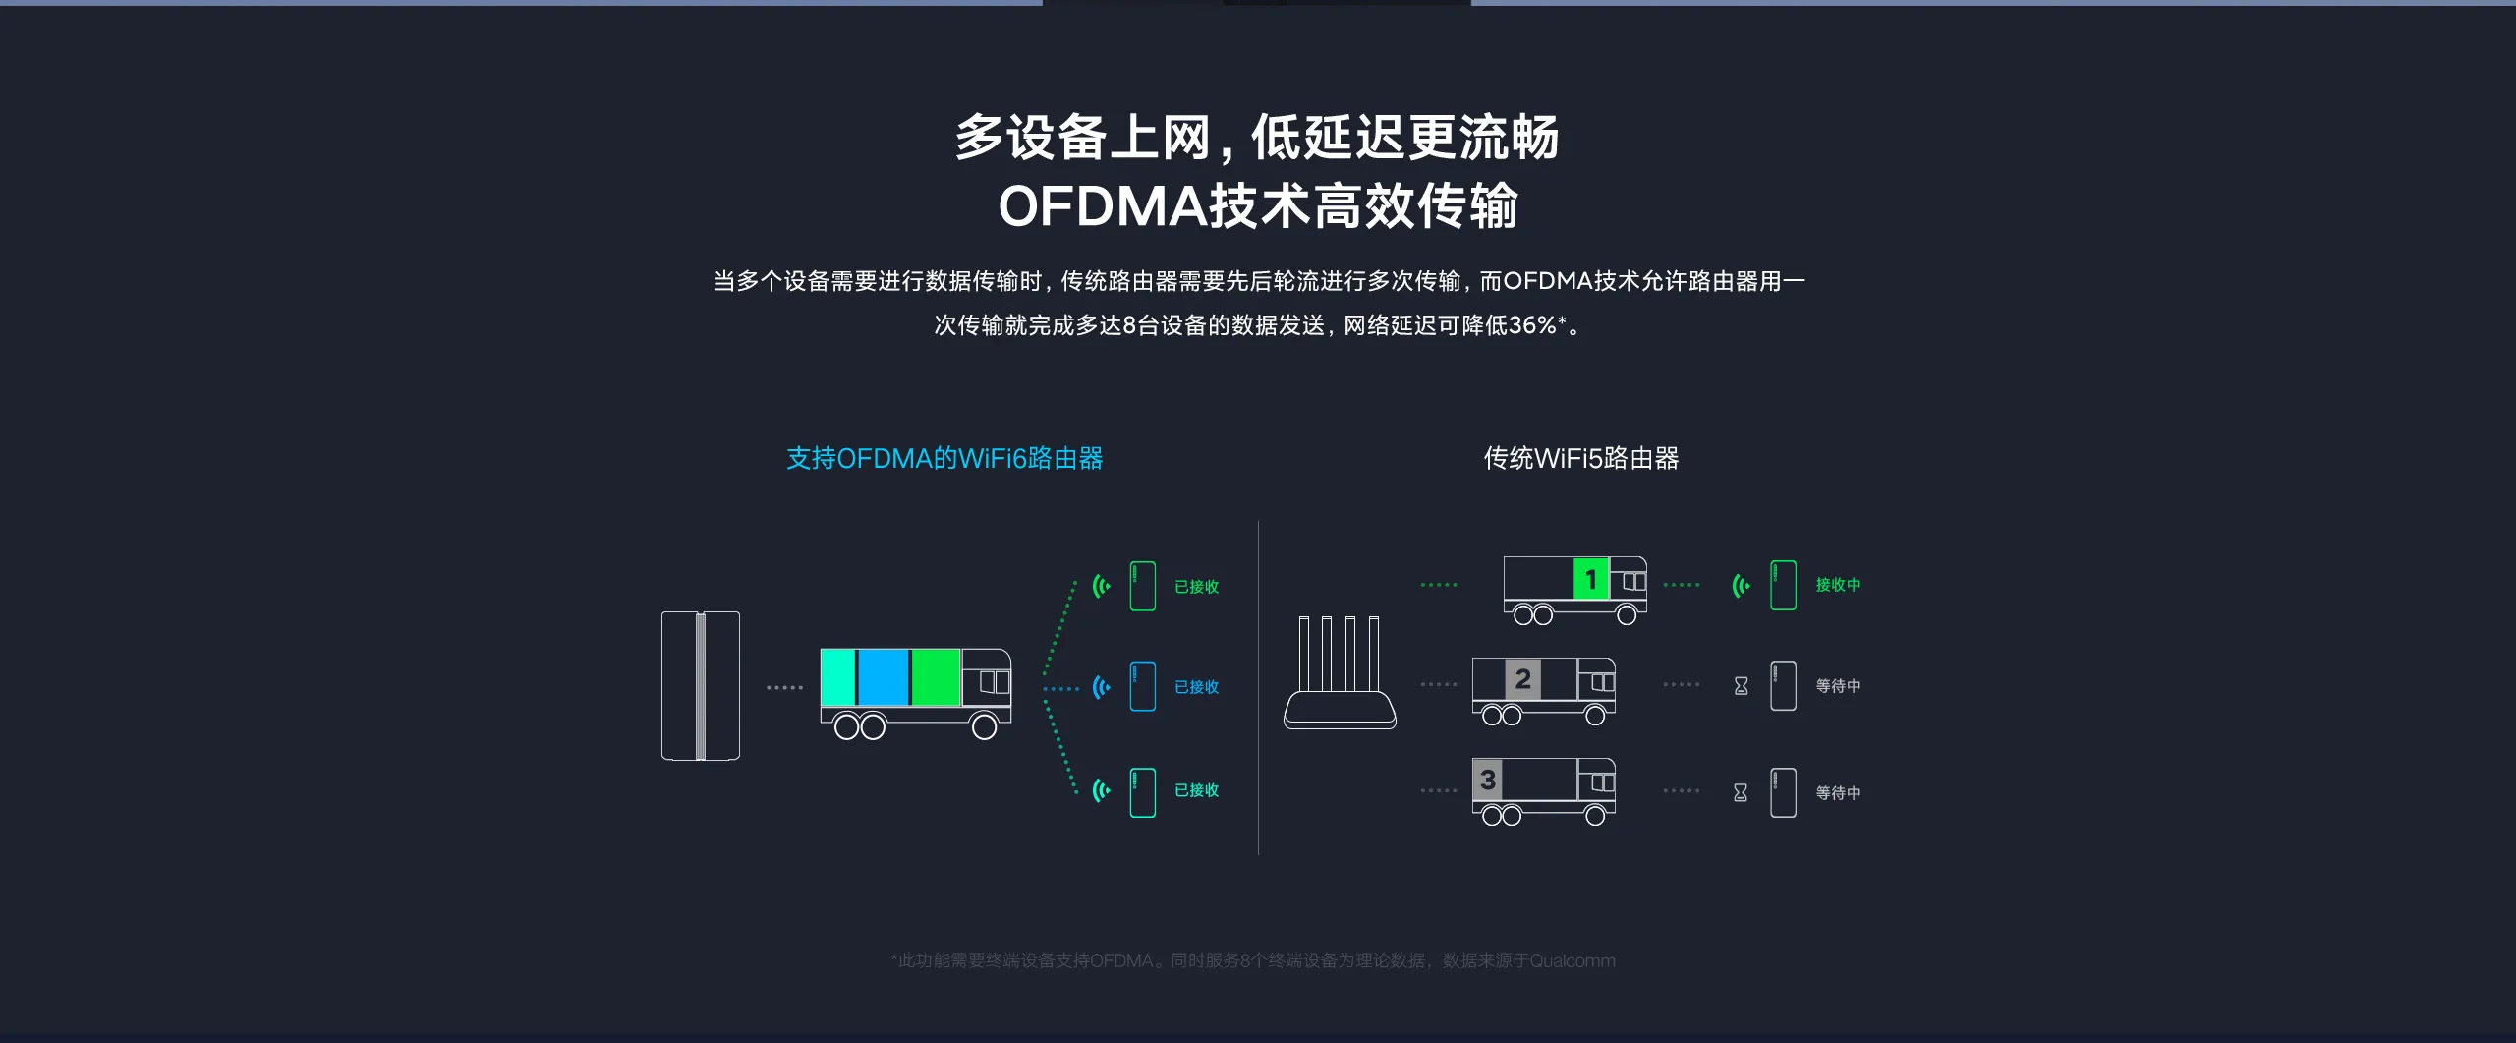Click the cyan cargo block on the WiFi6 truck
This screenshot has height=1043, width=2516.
[x=837, y=677]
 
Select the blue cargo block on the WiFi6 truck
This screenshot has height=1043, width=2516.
[x=883, y=677]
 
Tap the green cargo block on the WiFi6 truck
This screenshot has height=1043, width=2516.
[x=935, y=677]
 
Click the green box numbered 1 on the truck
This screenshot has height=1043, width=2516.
[x=1590, y=579]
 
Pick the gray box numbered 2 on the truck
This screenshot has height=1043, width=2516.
[x=1522, y=679]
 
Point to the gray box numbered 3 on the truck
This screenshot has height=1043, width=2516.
[x=1488, y=780]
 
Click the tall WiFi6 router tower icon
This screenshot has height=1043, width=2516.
[x=700, y=686]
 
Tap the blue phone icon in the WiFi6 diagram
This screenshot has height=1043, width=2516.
[x=1142, y=686]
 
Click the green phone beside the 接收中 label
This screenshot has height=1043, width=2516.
[x=1783, y=586]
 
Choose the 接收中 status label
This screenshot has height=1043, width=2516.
[x=1838, y=585]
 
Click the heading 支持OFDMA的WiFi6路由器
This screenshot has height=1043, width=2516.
[x=944, y=458]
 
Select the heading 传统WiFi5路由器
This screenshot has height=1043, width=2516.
[x=1580, y=458]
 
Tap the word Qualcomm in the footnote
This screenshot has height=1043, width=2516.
[x=1572, y=960]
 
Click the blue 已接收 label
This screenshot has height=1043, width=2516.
[x=1196, y=687]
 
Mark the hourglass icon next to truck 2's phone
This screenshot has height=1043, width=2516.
[x=1741, y=686]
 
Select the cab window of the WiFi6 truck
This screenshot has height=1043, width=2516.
[x=995, y=682]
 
